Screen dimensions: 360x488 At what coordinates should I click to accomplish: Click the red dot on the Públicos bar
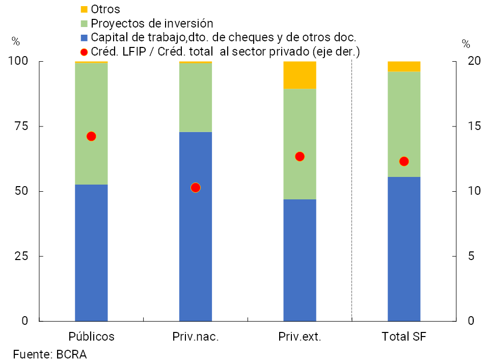tap(91, 136)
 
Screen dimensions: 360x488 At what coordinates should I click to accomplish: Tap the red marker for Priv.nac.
tap(195, 188)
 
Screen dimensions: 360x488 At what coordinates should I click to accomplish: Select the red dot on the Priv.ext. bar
tap(300, 157)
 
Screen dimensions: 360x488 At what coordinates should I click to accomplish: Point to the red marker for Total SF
tap(404, 161)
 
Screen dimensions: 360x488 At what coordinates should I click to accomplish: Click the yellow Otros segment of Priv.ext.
tap(300, 75)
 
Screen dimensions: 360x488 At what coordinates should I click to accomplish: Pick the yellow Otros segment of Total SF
tap(404, 66)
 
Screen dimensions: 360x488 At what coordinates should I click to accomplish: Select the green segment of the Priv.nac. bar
tap(196, 97)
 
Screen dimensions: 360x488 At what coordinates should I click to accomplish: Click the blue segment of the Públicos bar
tap(91, 252)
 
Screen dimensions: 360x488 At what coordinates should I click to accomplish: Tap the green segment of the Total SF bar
tap(404, 124)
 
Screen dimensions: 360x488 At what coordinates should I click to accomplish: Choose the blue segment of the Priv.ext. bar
tap(300, 260)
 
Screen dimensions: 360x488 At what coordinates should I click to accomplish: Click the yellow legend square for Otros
tap(85, 9)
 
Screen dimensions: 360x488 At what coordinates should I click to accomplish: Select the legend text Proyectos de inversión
tap(152, 23)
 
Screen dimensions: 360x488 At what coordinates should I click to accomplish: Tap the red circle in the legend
tap(85, 52)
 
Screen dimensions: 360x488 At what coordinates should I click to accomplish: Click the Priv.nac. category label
tap(196, 337)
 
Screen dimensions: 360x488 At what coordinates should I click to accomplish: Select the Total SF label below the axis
tap(404, 337)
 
